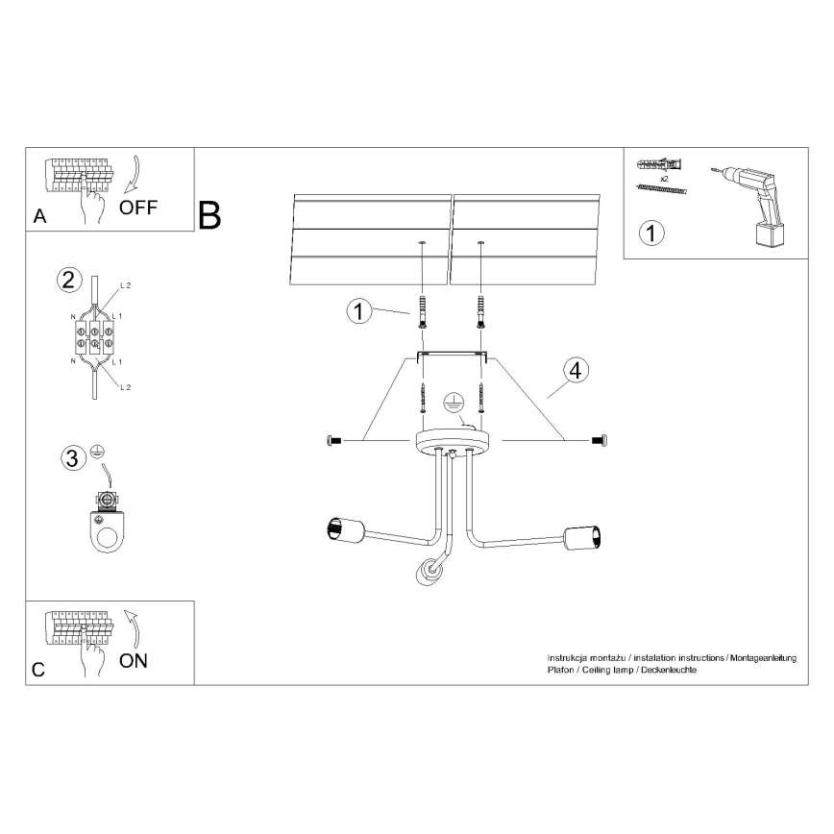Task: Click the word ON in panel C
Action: click(134, 660)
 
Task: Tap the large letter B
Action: click(209, 215)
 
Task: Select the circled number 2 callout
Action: click(68, 281)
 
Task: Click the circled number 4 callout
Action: click(574, 370)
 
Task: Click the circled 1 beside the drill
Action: click(652, 232)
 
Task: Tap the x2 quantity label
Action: click(663, 179)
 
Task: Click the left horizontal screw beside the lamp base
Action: click(335, 440)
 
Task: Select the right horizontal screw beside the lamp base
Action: click(597, 440)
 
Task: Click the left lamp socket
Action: click(342, 527)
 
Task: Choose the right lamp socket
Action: click(581, 537)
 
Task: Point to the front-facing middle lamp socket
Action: click(426, 572)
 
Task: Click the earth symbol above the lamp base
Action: click(454, 404)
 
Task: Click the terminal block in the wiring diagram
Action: click(93, 338)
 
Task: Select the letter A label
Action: click(38, 216)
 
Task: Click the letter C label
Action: click(38, 670)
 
